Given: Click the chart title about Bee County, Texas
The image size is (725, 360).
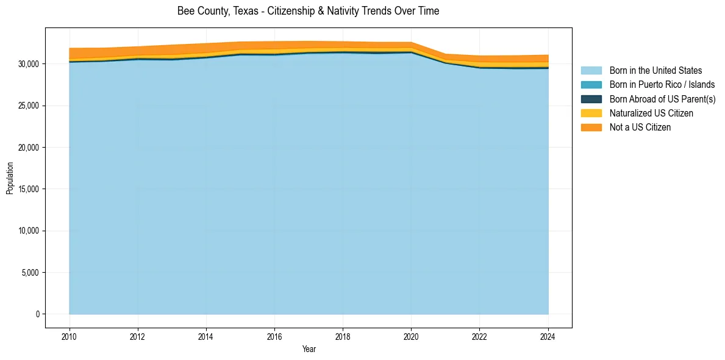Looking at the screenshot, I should point(308,11).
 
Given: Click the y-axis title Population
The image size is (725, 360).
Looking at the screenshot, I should point(10,178).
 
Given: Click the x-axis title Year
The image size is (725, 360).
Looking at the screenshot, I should point(309,349).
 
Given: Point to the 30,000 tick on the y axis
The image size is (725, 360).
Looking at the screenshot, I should point(29,64).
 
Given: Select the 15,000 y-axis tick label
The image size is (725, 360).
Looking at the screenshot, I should point(29,189).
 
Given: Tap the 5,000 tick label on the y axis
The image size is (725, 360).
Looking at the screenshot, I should point(31,273).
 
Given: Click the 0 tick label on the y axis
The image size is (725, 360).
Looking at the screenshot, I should point(37,314).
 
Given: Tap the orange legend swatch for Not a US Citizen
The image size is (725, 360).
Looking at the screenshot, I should point(591,128).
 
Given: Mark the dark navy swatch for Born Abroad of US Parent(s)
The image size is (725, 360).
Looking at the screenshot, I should point(591,99).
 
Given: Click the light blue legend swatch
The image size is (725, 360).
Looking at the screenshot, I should point(591,71).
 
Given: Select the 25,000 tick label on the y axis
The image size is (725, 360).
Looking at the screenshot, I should point(29,106).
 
